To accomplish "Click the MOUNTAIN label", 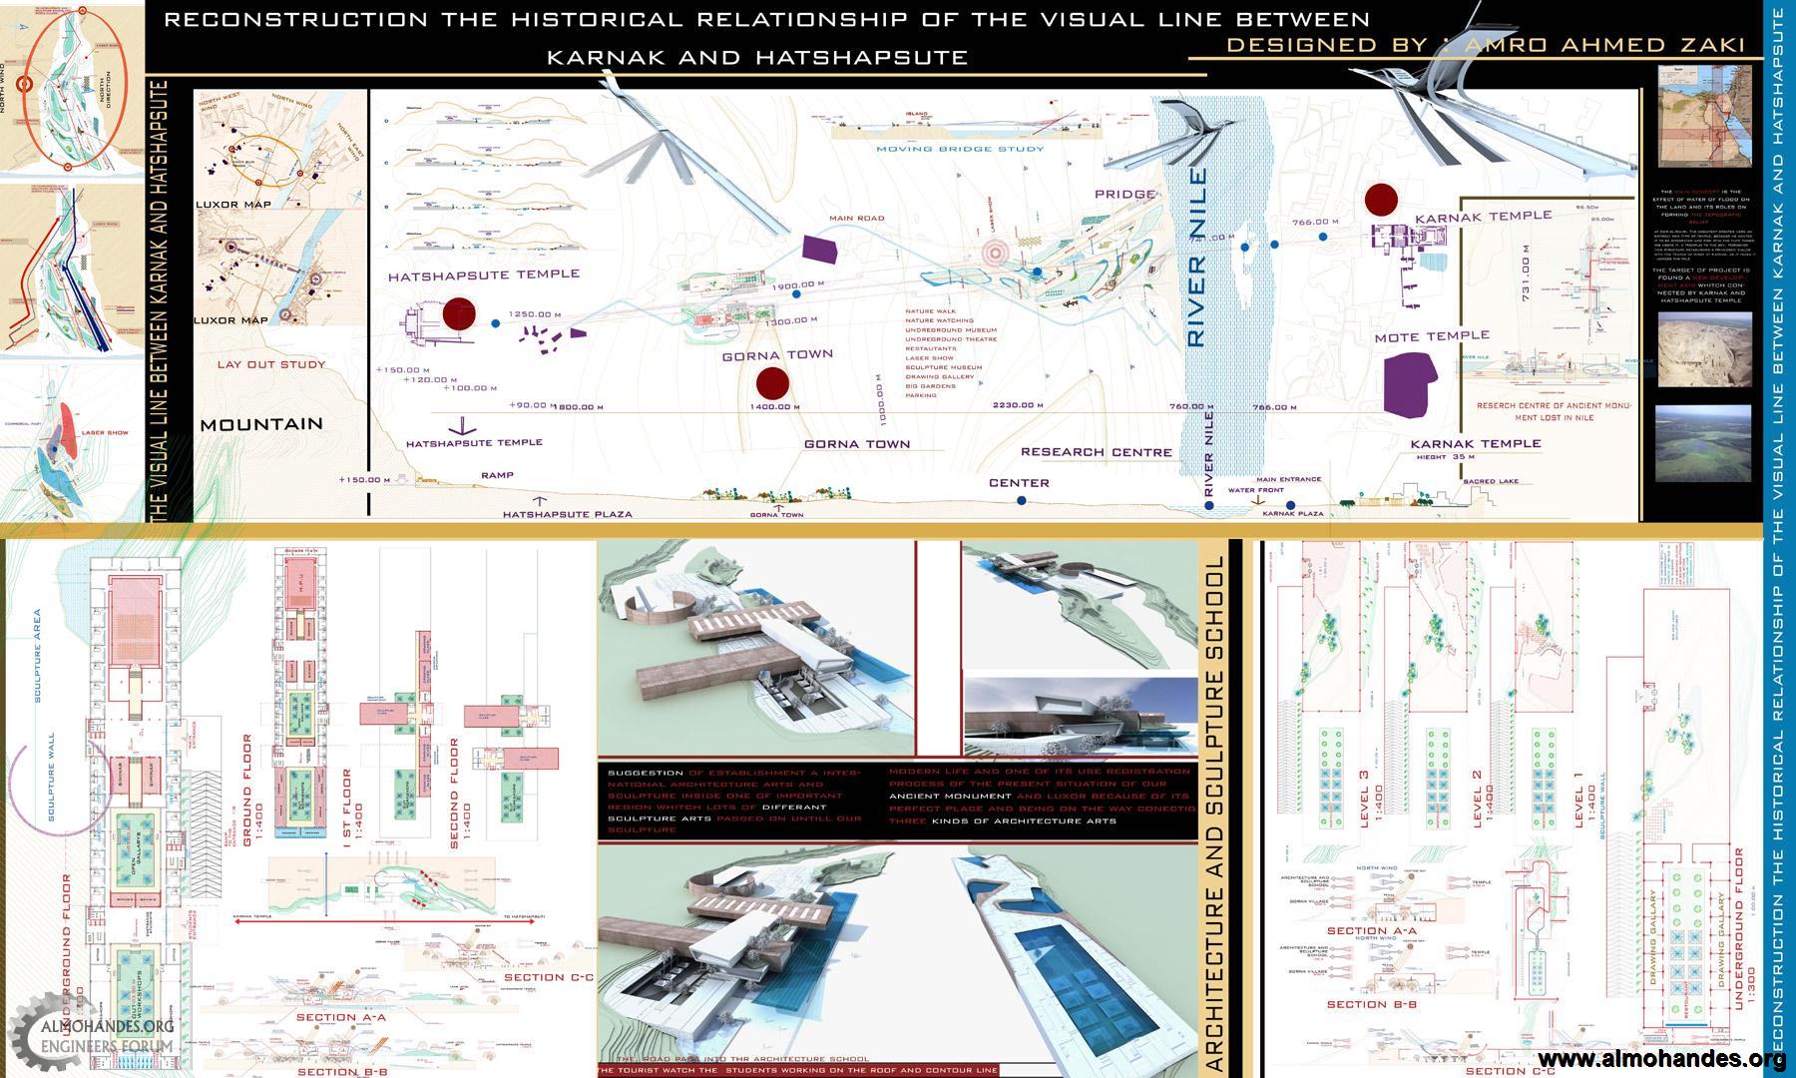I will [x=261, y=424].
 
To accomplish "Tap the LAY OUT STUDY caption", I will [x=271, y=364].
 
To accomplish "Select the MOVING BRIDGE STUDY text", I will [x=960, y=149].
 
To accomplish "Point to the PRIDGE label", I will [x=1124, y=195].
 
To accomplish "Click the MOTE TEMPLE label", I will [x=1432, y=336].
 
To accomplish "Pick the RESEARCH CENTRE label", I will [x=1096, y=452].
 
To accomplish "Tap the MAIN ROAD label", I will [x=856, y=219].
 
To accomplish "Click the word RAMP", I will [x=497, y=475].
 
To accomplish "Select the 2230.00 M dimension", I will [x=1018, y=406].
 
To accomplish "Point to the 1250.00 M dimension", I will [x=535, y=314].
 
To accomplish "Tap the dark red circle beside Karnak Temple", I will [x=1381, y=200].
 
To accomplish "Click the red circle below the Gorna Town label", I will [x=772, y=383].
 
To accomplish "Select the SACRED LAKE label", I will [x=1491, y=481].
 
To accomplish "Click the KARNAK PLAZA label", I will [x=1292, y=513].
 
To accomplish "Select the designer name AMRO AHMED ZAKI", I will [x=1571, y=45].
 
